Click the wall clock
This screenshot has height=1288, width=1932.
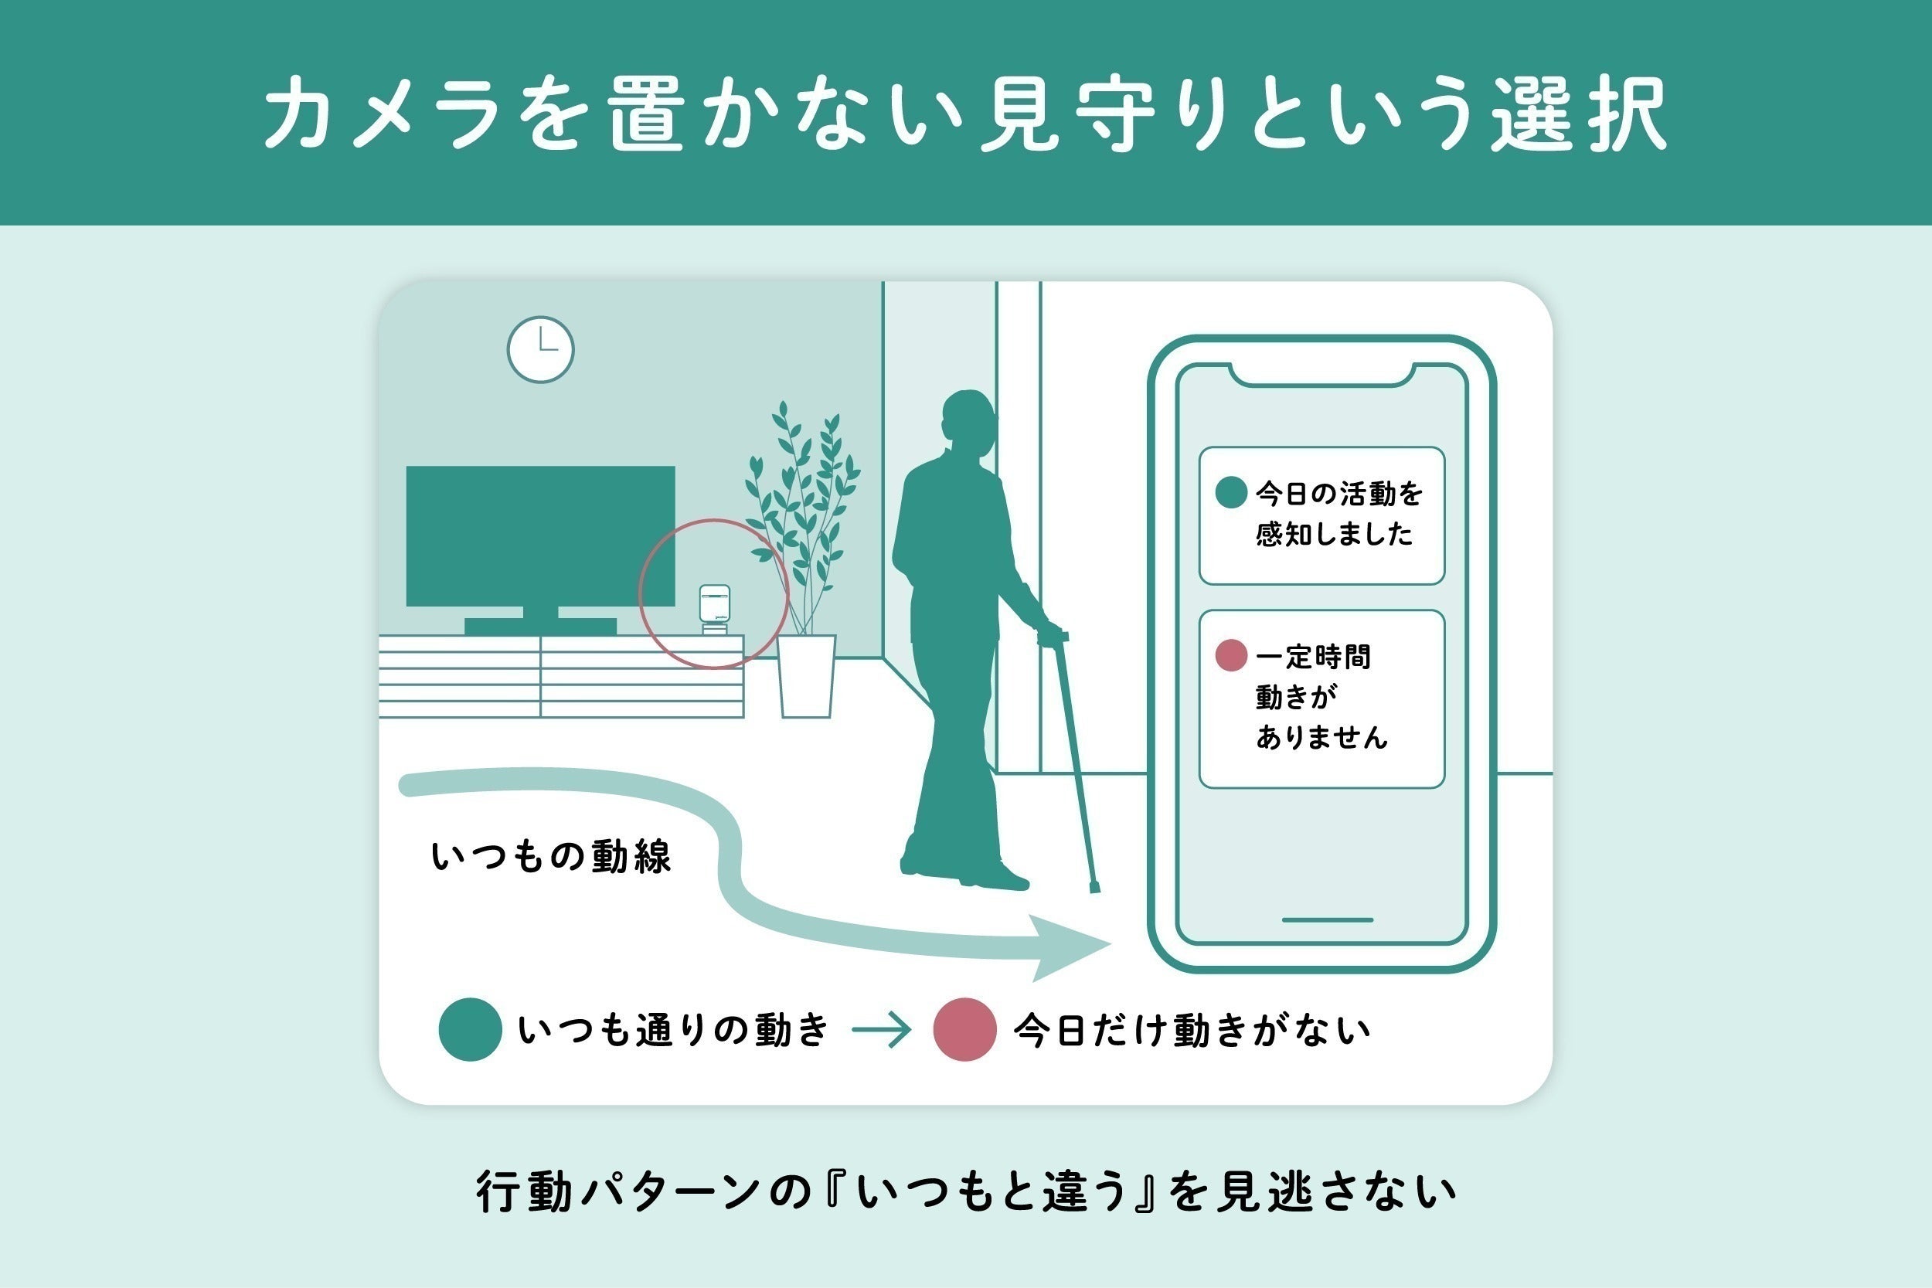pos(540,350)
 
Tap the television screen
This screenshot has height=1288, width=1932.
pos(540,536)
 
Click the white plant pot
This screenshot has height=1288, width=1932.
pos(807,676)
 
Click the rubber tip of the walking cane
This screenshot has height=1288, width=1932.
pos(1094,888)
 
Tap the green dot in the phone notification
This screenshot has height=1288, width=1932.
pos(1231,493)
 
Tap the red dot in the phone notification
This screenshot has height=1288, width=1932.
pos(1231,655)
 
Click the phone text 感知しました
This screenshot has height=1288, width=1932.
pos(1334,535)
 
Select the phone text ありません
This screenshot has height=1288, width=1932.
pos(1321,737)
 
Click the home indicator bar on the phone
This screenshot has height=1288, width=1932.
pos(1328,920)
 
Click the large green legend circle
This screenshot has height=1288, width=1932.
pos(470,1029)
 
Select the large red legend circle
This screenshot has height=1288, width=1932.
pos(965,1029)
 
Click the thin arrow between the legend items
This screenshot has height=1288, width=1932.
pos(882,1030)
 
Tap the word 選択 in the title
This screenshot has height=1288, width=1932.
pos(1579,114)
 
